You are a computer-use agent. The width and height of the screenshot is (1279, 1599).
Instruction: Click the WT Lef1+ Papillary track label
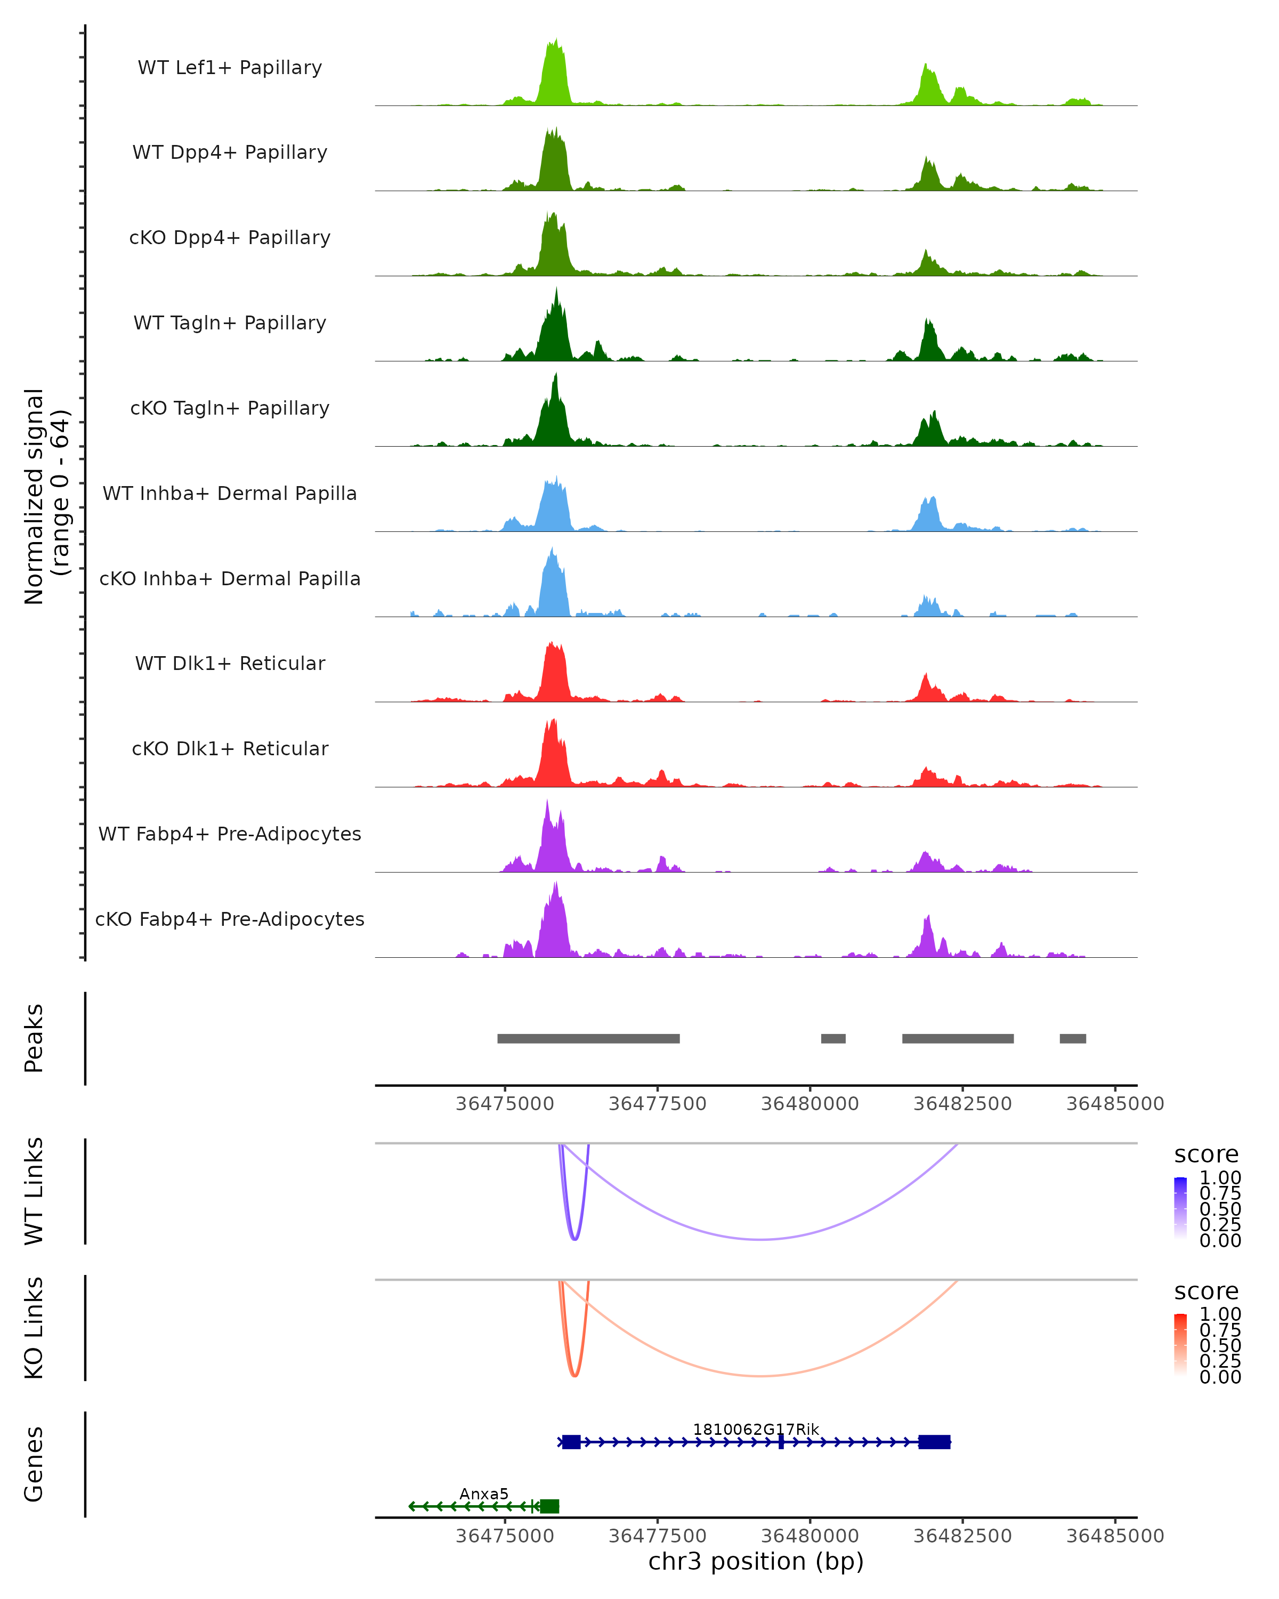pos(230,68)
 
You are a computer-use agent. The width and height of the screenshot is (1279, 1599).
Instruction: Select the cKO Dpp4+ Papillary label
pos(230,238)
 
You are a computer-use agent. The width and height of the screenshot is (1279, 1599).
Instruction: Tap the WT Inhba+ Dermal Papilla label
pos(230,494)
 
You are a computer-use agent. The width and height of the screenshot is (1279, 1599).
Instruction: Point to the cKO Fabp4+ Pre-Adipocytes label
pos(230,919)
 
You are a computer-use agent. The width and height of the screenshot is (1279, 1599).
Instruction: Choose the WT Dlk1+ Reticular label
pos(230,664)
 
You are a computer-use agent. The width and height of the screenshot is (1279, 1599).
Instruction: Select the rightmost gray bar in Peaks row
pos(1072,1038)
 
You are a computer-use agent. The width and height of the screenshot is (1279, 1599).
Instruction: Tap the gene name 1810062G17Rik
pos(756,1429)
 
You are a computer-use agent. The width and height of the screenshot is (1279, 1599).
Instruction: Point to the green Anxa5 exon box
pos(549,1506)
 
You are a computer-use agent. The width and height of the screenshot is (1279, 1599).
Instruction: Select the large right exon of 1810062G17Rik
pos(934,1442)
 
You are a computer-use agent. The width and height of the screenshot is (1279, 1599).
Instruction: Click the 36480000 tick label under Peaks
pos(810,1104)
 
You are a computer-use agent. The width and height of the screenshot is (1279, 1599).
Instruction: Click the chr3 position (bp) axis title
pos(756,1561)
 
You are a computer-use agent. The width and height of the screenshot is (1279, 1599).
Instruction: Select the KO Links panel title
pos(34,1328)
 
